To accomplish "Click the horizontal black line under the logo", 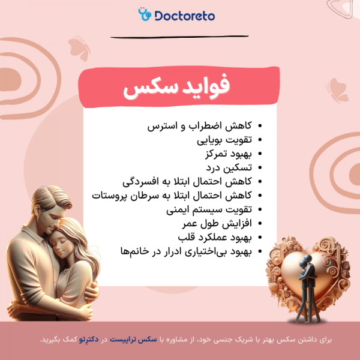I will tap(179, 37).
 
